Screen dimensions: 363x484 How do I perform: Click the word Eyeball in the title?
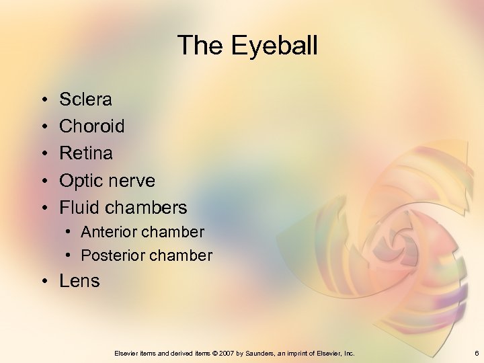click(274, 46)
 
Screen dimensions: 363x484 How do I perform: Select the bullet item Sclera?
click(85, 99)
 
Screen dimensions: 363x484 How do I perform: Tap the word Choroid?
click(92, 126)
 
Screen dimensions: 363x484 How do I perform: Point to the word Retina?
click(86, 153)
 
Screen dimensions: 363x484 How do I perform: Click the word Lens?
click(79, 281)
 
